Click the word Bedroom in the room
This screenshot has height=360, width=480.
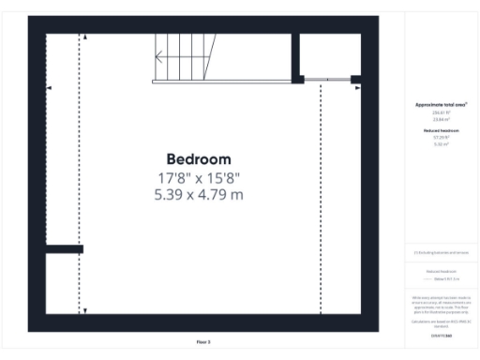(198, 159)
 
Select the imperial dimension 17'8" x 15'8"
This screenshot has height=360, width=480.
(198, 177)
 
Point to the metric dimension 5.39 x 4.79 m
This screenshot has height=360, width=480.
(198, 195)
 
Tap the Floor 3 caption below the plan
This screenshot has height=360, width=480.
(203, 341)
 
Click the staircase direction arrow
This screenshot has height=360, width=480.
(160, 56)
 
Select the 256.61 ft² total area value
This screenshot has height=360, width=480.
(442, 112)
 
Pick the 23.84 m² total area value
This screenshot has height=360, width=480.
(442, 118)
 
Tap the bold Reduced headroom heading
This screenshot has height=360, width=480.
(442, 131)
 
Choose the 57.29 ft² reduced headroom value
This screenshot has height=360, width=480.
(442, 138)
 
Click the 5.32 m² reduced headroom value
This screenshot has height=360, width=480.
(442, 144)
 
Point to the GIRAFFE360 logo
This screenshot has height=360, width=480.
(442, 335)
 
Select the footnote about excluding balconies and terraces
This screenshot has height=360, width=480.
(442, 253)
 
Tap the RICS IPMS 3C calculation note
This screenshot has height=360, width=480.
(442, 322)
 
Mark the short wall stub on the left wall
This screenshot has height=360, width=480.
(65, 248)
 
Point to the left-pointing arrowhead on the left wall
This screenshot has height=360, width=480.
(49, 87)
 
